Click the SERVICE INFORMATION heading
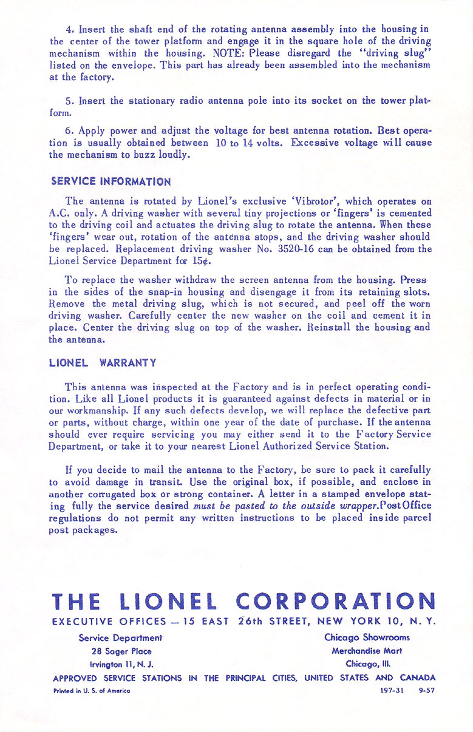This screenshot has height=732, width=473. [x=111, y=181]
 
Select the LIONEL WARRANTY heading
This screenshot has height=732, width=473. [x=103, y=363]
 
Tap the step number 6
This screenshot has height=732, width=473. [x=69, y=130]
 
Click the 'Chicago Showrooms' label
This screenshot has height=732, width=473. [x=367, y=637]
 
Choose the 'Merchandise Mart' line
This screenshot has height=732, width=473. [x=367, y=651]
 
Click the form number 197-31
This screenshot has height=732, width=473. [x=384, y=691]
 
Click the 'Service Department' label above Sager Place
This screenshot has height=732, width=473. [x=120, y=637]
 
